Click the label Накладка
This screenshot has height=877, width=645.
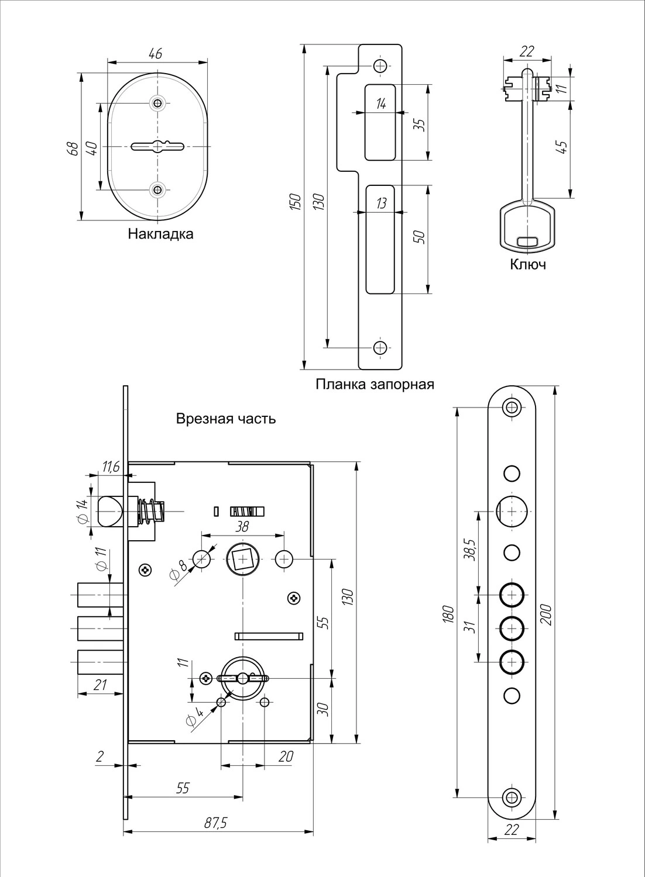(x=160, y=234)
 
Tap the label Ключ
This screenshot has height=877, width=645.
(x=528, y=265)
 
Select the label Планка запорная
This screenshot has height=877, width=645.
(x=375, y=385)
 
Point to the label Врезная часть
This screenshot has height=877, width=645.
(x=226, y=419)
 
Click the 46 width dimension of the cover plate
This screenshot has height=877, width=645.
(x=155, y=54)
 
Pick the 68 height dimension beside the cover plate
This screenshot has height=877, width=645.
(x=73, y=148)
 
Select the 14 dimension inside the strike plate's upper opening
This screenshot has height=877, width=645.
(x=380, y=105)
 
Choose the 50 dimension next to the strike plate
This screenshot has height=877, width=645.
(x=419, y=237)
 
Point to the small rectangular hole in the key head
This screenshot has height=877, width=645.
(x=529, y=241)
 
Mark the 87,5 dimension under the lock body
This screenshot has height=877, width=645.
(x=215, y=823)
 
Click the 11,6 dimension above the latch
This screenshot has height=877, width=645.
(x=111, y=467)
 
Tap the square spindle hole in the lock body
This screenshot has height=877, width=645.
(x=242, y=560)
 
